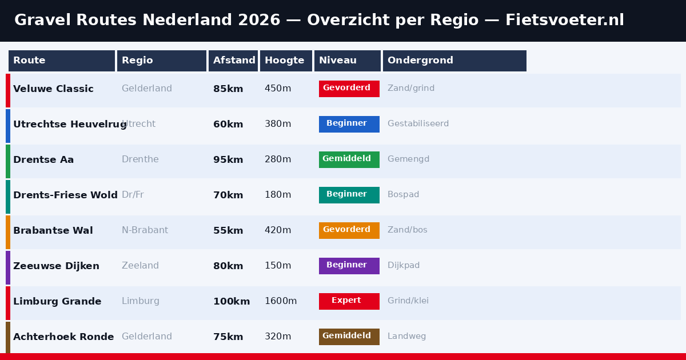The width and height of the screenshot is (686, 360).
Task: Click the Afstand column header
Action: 233,61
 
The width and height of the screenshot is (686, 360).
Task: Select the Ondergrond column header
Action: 454,61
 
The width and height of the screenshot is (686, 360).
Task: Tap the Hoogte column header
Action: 286,61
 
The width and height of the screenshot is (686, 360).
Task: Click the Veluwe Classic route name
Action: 53,89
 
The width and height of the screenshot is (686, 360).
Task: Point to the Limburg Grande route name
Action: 57,302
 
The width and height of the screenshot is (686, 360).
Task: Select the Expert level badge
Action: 349,301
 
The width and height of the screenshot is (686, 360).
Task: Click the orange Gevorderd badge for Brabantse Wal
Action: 349,230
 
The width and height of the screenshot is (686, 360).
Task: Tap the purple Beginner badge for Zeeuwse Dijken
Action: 349,266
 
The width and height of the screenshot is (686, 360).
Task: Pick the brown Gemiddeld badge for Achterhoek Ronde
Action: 349,337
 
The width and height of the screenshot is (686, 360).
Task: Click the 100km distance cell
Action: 232,302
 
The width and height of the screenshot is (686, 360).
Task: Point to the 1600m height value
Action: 281,302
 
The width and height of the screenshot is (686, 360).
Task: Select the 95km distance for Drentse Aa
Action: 228,160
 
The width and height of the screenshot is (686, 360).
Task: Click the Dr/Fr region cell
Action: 133,195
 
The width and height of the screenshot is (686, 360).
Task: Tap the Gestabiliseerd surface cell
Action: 418,124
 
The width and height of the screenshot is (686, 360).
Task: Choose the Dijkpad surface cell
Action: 404,266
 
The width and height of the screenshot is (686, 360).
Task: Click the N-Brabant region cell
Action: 145,231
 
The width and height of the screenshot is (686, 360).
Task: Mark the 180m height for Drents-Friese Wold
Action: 278,195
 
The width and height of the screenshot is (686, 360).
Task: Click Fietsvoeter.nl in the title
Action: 564,21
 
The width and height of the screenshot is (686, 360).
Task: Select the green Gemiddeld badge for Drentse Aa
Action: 349,159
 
